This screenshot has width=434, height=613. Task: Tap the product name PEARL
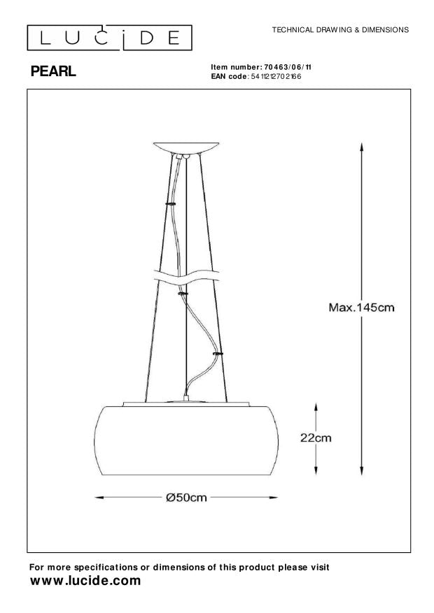pos(53,71)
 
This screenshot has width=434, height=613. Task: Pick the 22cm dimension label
pos(316,438)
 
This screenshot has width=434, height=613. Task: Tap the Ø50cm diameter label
pos(187,498)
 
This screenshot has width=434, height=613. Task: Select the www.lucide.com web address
pos(86,581)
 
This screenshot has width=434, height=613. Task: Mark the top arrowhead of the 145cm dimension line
pos(360,147)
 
